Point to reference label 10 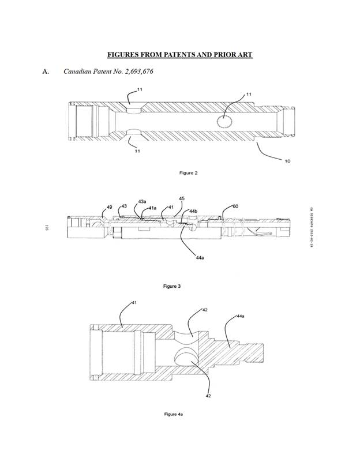287,160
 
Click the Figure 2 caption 181,172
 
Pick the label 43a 142,201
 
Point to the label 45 182,198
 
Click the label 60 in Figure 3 235,206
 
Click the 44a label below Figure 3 200,258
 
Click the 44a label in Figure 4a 241,317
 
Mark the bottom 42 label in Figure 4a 208,396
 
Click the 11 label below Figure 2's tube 137,151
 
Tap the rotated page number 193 45,229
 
